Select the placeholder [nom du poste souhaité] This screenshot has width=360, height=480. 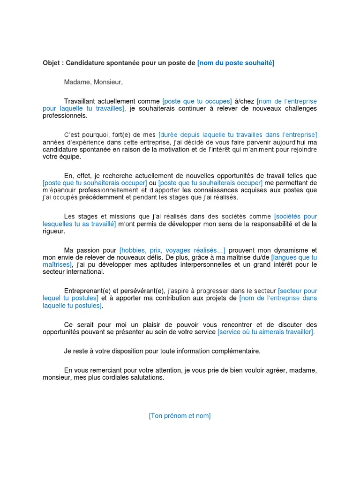(x=235, y=63)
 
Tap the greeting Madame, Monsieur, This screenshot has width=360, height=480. (x=93, y=82)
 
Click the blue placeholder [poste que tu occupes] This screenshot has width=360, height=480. (x=197, y=101)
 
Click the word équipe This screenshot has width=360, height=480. (x=70, y=157)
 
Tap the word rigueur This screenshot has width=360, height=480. (x=53, y=231)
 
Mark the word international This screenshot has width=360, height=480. (x=84, y=271)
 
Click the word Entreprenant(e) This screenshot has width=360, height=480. (x=87, y=291)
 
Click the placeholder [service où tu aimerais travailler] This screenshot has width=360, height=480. (x=266, y=331)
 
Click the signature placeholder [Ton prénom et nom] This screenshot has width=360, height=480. (x=180, y=416)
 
